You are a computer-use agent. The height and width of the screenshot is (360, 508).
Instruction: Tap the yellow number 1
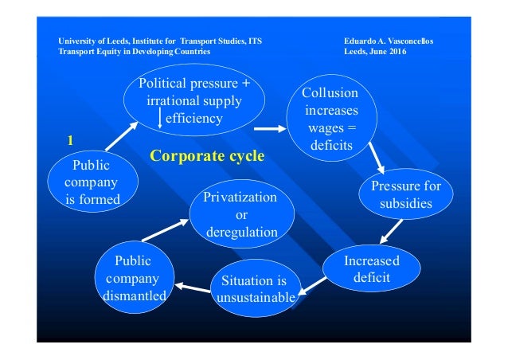(70, 140)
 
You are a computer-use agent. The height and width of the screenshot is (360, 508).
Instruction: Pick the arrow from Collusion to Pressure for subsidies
(376, 160)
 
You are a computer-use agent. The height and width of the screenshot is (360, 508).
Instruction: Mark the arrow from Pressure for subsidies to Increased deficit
(390, 231)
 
